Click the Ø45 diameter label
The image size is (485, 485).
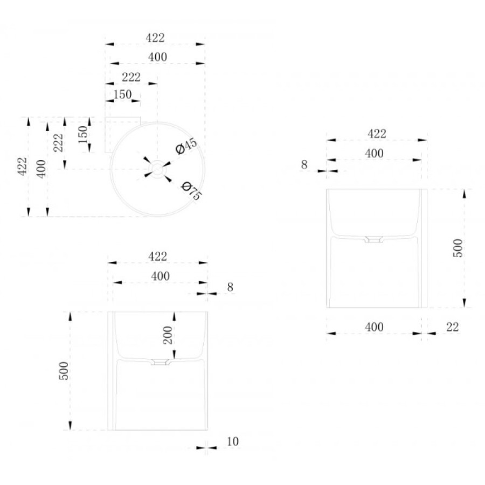tap(186, 146)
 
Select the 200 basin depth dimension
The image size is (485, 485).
tap(168, 335)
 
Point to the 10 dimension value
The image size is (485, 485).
tap(233, 441)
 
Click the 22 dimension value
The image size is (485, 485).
tap(452, 327)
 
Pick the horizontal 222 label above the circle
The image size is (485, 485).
tap(131, 77)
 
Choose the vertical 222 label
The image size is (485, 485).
tap(58, 143)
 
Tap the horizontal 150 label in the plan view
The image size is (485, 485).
tap(122, 94)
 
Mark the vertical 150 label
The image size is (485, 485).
tap(83, 135)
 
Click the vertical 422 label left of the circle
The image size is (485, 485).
tap(22, 167)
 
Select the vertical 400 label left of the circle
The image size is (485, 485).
tap(41, 169)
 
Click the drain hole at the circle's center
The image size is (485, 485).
tap(157, 169)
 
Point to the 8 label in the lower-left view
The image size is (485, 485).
tap(230, 287)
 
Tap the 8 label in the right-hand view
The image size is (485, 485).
tap(304, 165)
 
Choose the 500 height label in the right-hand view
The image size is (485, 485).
tap(458, 248)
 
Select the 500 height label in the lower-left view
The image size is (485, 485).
tap(64, 371)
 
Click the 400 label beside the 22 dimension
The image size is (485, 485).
tap(374, 327)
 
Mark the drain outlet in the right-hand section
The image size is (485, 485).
tap(373, 240)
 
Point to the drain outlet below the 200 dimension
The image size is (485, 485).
tap(160, 362)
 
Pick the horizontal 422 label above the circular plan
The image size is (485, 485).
tap(155, 38)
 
